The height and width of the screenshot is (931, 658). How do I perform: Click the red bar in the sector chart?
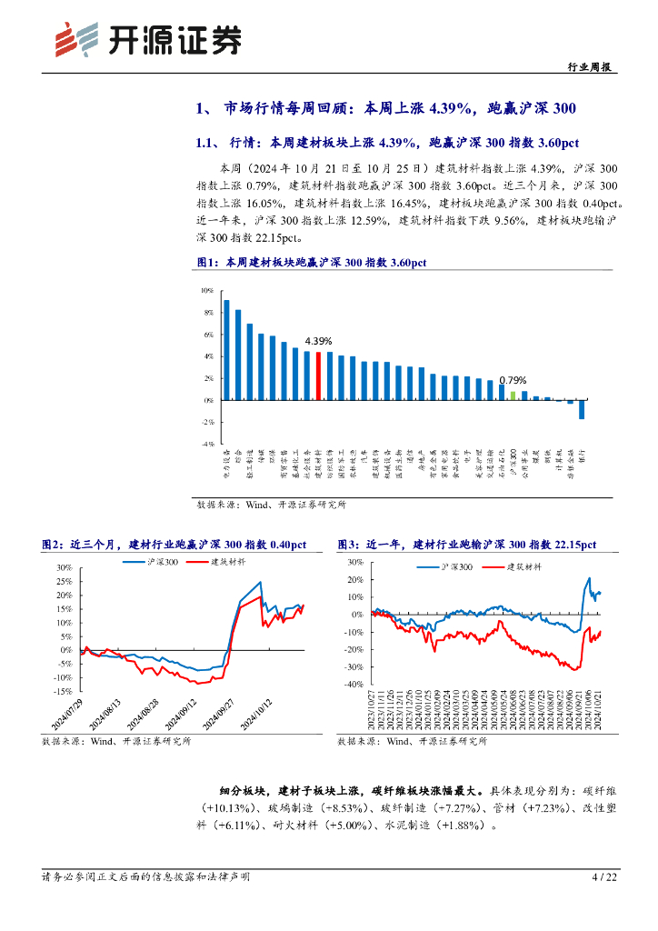[x=318, y=375]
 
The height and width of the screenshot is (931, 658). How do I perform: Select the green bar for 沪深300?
[x=513, y=395]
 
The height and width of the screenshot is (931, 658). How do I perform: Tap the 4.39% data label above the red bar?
[x=318, y=340]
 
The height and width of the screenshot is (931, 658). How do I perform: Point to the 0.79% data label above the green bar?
[x=513, y=380]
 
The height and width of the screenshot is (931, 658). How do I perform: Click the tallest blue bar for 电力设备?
[x=226, y=350]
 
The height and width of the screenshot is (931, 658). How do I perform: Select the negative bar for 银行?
[x=582, y=409]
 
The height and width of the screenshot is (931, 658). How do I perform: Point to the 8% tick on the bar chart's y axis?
[x=207, y=313]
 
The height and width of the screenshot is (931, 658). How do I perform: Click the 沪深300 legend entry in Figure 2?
[x=146, y=562]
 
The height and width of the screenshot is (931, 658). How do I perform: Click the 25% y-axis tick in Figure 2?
[x=65, y=581]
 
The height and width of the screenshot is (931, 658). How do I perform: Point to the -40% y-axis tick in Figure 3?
[x=354, y=693]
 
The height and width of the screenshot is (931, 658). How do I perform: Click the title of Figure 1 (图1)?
[x=312, y=263]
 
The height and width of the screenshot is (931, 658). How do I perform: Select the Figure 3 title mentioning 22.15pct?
[x=466, y=545]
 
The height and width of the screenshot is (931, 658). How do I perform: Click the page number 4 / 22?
[x=604, y=877]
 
